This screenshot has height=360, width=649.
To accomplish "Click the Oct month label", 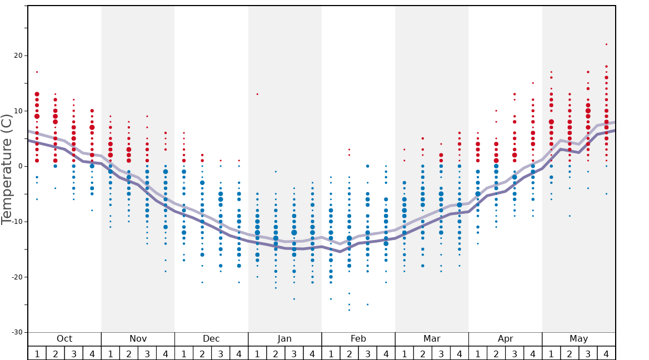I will [x=64, y=339].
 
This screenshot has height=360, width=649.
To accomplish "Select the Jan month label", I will [x=284, y=339].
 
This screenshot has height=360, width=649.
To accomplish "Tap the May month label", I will [x=578, y=339].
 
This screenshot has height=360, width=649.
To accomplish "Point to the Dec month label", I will [x=211, y=339].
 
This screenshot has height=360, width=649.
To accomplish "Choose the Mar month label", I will [x=432, y=339].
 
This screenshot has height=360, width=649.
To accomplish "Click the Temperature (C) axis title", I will [x=7, y=169].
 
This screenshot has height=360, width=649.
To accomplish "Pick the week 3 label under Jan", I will [x=294, y=354].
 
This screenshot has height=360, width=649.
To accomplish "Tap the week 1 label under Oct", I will [x=37, y=354].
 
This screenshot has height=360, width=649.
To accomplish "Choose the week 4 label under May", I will [x=606, y=354].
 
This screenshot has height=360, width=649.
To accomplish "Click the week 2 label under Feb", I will [x=349, y=354].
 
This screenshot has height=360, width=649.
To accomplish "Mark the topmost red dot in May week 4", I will [x=606, y=44].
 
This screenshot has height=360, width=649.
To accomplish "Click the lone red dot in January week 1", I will [x=257, y=94].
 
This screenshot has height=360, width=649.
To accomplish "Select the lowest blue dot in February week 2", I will [x=349, y=310].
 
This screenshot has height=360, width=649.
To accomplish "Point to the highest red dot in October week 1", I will [x=37, y=72].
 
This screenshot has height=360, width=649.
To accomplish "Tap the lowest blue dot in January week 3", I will [x=294, y=299].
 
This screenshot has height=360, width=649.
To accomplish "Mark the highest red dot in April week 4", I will [x=533, y=83].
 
